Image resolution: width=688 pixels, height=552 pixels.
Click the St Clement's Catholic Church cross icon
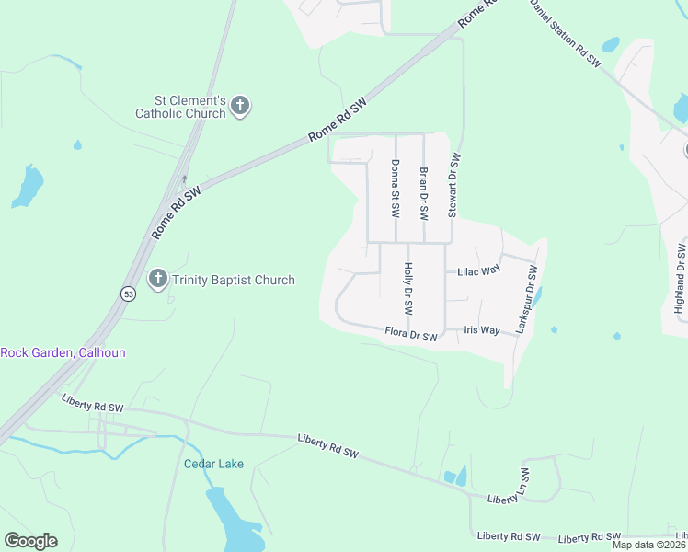pos(240,106)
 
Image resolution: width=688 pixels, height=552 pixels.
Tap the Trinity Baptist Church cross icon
pos(158,279)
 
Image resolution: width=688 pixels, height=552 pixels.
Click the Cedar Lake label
pos(213,464)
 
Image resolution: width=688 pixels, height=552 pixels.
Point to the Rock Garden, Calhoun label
pos(63,352)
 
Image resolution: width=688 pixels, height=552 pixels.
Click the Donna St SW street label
pos(396,189)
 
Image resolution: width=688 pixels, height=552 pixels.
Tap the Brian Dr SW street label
pos(423,193)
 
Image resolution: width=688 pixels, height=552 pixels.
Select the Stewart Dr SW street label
pos(453,186)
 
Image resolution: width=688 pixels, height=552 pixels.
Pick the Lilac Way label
pos(478,270)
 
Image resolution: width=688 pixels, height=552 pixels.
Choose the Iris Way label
pos(482,330)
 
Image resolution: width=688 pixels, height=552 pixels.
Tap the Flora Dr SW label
pos(410,333)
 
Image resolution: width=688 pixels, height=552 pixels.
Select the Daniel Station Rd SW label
pos(565,32)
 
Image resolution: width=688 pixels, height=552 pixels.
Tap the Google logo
pos(30,540)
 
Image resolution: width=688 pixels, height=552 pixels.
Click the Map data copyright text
pos(649,545)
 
